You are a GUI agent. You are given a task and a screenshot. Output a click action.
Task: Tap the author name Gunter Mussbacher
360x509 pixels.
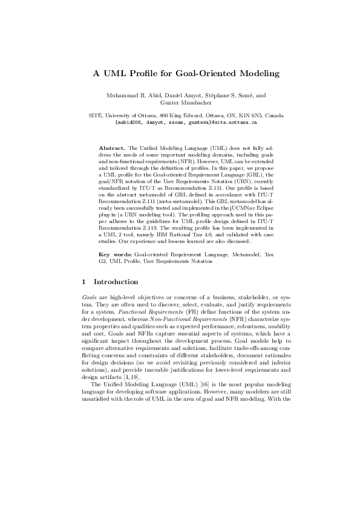[180, 103]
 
